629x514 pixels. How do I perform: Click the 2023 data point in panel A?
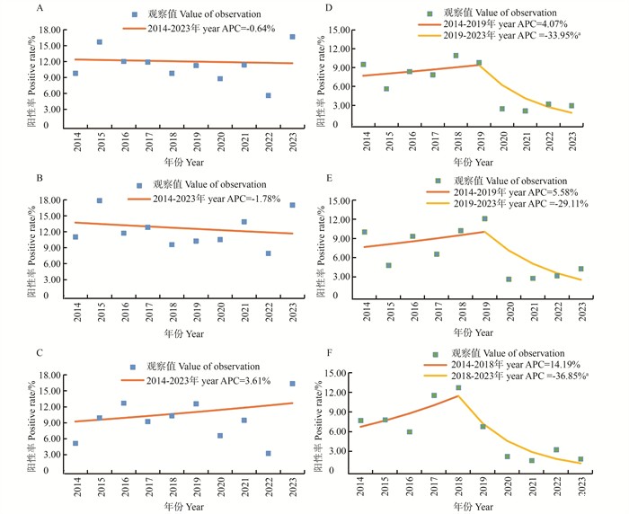point(292,37)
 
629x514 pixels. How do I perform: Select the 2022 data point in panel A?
point(268,95)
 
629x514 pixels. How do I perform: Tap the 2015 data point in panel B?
point(100,200)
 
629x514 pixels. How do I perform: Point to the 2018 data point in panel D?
point(456,56)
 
